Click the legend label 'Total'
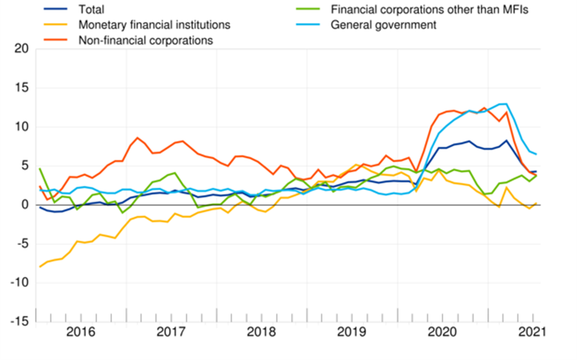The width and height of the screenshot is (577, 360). [91, 9]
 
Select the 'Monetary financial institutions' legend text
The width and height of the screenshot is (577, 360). [154, 25]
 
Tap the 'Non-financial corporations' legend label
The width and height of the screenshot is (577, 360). [146, 40]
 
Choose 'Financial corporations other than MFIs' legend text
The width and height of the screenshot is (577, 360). [429, 9]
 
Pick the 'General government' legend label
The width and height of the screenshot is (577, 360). [383, 25]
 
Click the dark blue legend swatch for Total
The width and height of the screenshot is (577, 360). [56, 9]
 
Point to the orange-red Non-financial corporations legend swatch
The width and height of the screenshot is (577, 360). [56, 40]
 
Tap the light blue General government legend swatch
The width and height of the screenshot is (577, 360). [308, 25]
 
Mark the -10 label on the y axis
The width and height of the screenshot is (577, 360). [18, 283]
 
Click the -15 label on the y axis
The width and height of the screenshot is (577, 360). [18, 322]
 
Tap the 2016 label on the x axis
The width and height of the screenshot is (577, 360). [81, 333]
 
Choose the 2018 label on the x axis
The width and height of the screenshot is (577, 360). [262, 333]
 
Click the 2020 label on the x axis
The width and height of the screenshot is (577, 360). [443, 333]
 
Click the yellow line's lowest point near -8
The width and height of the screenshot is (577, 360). [40, 267]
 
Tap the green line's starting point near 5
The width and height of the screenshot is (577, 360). [40, 169]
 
